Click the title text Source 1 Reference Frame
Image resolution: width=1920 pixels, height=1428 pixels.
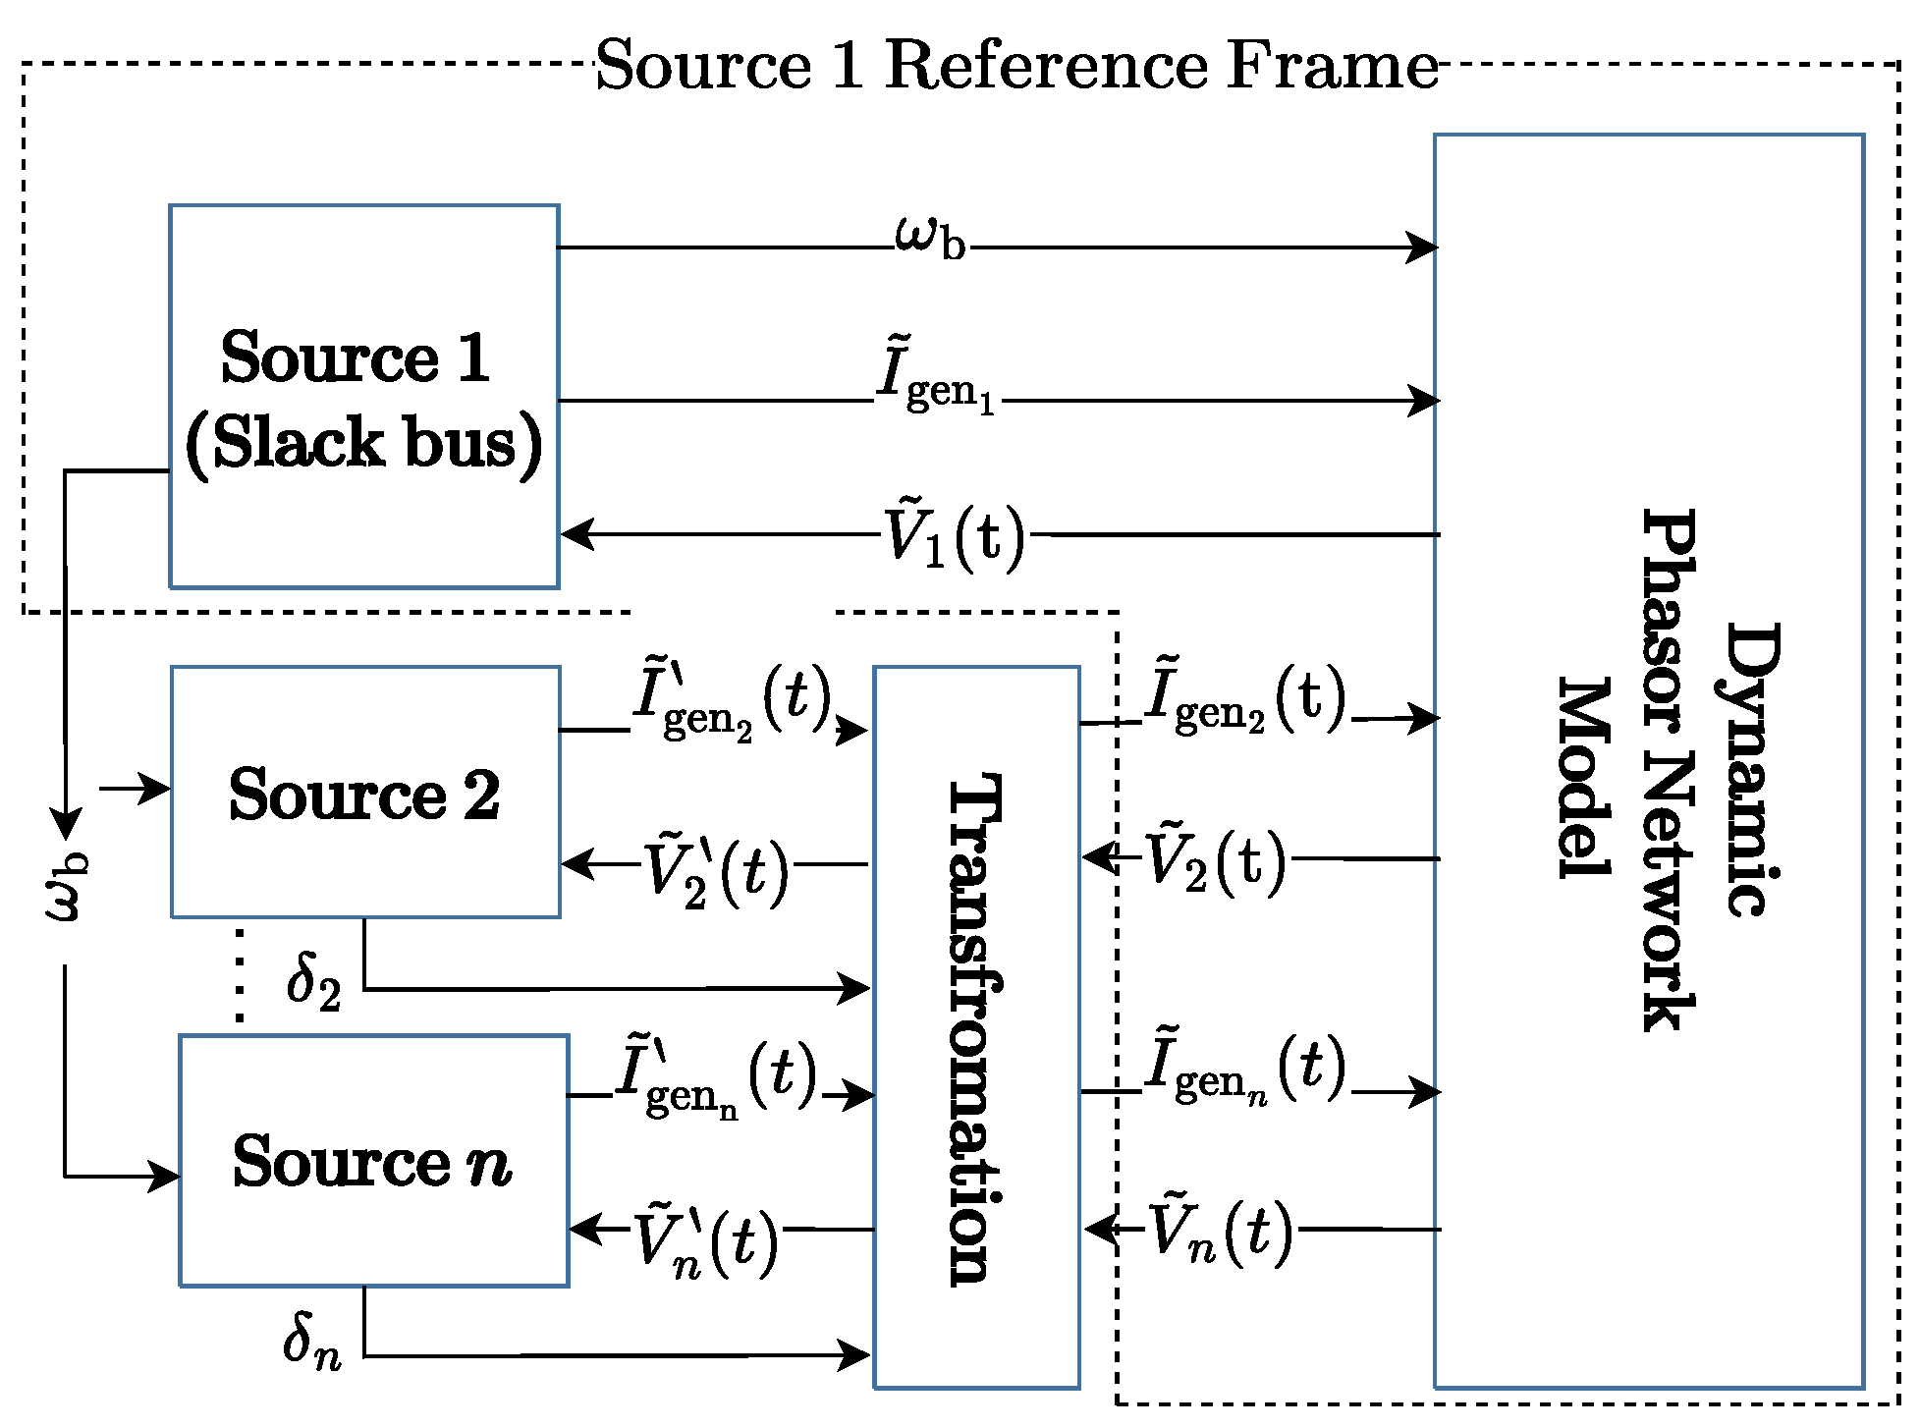click(1016, 65)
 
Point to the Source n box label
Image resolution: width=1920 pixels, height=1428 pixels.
click(372, 1161)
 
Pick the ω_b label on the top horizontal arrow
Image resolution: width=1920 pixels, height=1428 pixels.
click(929, 239)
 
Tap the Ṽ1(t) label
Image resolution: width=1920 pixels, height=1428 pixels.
click(954, 536)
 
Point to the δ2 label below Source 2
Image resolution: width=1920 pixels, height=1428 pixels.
click(313, 981)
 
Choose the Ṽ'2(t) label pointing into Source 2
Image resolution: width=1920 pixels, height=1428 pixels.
click(716, 872)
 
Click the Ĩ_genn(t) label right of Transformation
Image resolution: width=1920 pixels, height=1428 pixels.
click(1245, 1070)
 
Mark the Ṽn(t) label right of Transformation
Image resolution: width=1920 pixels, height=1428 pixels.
click(1221, 1231)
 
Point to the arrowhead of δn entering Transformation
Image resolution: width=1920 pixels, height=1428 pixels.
click(854, 1355)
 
